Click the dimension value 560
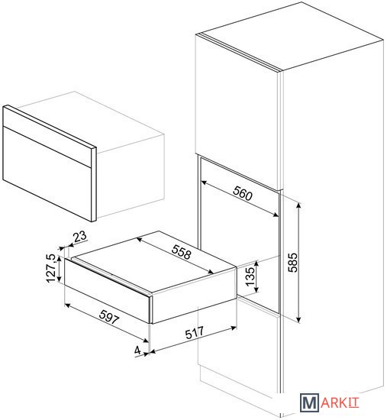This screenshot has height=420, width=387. coord(243,193)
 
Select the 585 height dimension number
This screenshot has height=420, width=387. coord(292,263)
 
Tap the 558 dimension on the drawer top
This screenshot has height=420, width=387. coord(182,252)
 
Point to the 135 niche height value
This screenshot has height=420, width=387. coord(250,276)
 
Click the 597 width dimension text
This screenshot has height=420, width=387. coord(109,317)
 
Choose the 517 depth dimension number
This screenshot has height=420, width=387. coord(195,333)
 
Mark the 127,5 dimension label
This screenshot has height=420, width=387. coord(51,268)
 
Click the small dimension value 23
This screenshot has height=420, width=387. coord(80,236)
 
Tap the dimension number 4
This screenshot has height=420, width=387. coord(137,351)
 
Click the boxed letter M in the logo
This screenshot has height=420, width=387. coord(309,402)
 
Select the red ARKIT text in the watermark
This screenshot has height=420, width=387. coord(340,403)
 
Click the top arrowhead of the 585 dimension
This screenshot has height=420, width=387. coord(299,205)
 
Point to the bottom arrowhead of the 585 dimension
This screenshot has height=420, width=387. coord(299,320)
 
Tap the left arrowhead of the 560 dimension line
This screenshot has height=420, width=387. coord(204,183)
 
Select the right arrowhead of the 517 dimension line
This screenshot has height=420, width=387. coord(234,328)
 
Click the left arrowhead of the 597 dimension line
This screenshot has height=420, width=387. coord(68,305)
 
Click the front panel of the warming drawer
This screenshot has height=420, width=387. coord(107,290)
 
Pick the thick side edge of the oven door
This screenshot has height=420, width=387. coord(94,184)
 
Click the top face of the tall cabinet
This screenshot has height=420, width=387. coord(292,36)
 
